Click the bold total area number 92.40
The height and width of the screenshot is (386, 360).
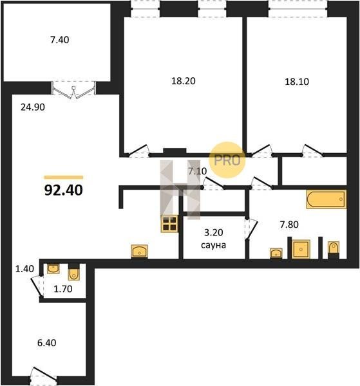click(x=64, y=190)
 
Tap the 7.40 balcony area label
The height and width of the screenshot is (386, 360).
click(x=60, y=40)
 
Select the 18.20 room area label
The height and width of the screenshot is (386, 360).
click(x=184, y=81)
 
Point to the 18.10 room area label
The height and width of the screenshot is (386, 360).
click(x=297, y=82)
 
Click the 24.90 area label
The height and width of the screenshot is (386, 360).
click(x=33, y=107)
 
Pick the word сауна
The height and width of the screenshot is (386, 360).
click(x=213, y=245)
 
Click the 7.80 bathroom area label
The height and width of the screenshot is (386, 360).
click(x=289, y=225)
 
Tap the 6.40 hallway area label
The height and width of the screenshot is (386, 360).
click(x=47, y=342)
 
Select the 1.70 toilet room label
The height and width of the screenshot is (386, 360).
click(x=63, y=288)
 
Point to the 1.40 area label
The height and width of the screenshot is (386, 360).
click(x=24, y=268)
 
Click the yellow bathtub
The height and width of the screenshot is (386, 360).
click(x=327, y=199)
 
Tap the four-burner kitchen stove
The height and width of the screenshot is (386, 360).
click(x=169, y=224)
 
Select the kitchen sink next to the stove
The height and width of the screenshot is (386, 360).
click(x=140, y=252)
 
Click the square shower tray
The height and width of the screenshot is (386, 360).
click(x=301, y=249)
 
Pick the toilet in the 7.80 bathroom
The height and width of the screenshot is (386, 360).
click(x=334, y=250)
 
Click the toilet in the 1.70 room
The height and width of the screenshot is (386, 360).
click(x=73, y=272)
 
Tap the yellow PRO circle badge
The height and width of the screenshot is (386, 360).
click(x=227, y=160)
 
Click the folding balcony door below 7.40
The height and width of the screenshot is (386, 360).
click(x=73, y=90)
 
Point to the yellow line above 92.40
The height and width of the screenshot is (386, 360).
click(x=64, y=178)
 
